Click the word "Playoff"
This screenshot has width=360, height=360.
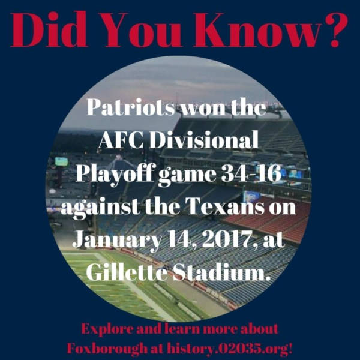coord(114,175)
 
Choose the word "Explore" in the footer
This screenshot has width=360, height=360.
coord(107,331)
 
